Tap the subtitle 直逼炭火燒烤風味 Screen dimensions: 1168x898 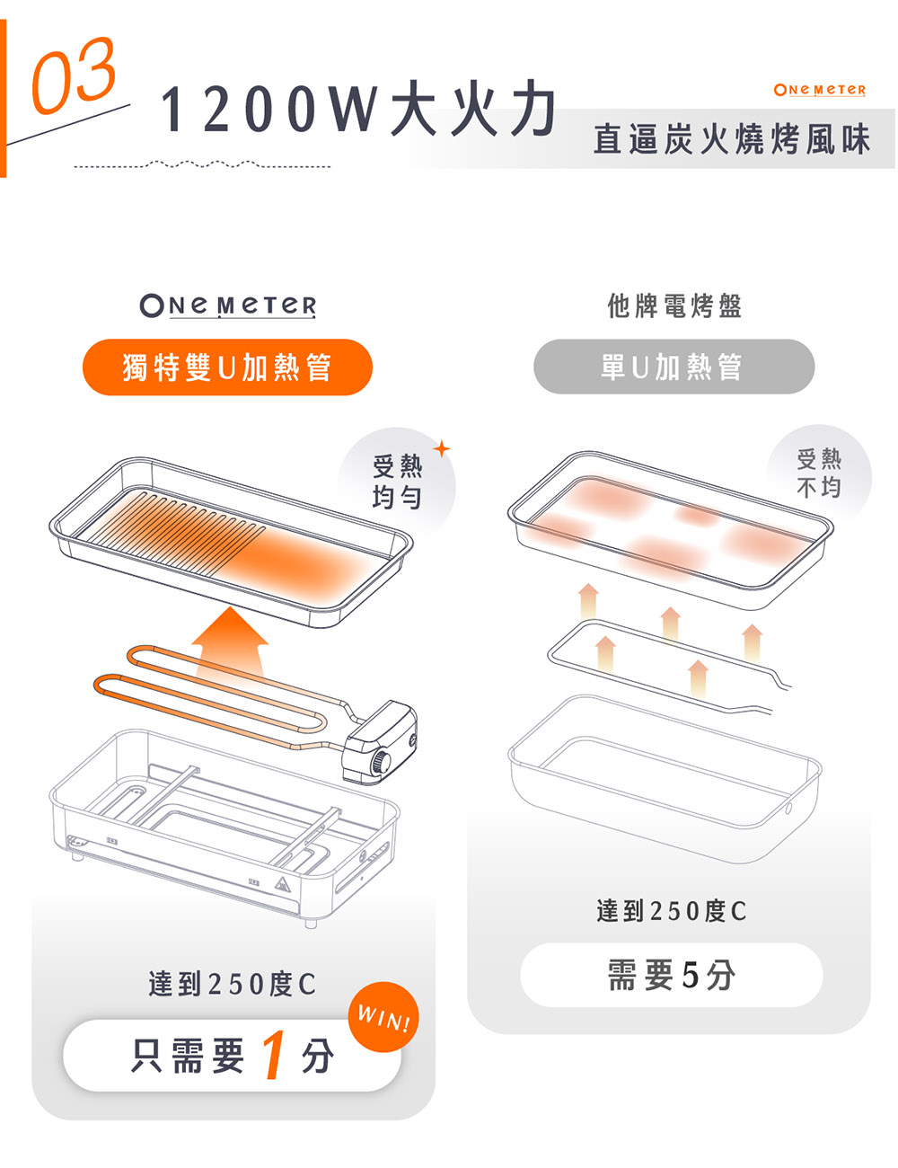(x=732, y=140)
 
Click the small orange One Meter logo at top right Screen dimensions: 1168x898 (x=819, y=90)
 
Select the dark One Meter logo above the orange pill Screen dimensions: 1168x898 (x=228, y=305)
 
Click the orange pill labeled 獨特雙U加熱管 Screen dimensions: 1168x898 (x=227, y=367)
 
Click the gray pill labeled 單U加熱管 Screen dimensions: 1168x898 (x=673, y=367)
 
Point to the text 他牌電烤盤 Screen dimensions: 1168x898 (x=674, y=306)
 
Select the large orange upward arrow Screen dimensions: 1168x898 (x=230, y=642)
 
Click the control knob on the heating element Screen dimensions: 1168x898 (x=383, y=765)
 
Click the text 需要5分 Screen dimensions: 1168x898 (x=671, y=975)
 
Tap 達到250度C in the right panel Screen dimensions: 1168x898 (x=671, y=911)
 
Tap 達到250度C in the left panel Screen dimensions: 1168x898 (x=232, y=984)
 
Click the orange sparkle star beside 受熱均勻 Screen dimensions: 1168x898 (x=442, y=447)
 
